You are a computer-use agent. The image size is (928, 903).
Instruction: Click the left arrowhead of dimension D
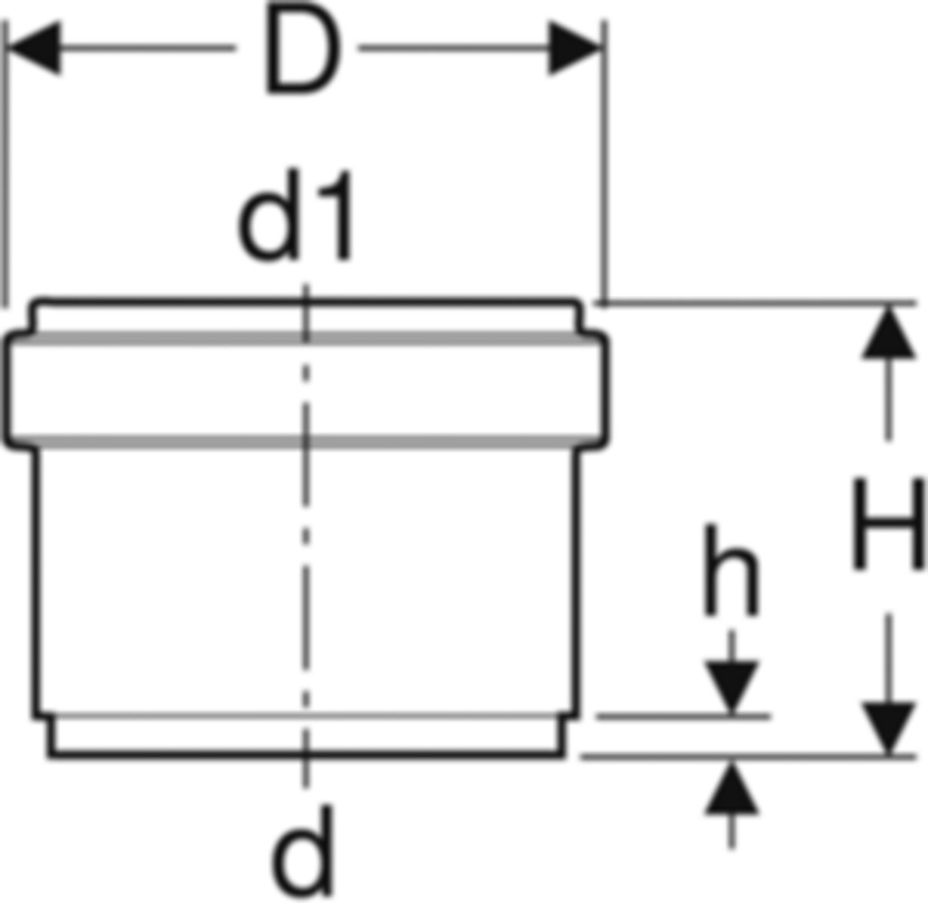pos(35,48)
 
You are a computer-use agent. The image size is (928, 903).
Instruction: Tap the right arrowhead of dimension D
pos(574,48)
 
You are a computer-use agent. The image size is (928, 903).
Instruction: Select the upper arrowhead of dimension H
pos(888,331)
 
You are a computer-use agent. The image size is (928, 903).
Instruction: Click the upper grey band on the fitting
pos(304,339)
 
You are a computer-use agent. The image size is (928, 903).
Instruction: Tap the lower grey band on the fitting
pos(304,442)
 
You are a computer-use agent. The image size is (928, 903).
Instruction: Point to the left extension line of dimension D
pos(5,165)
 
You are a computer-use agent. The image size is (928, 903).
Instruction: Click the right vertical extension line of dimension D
pos(604,162)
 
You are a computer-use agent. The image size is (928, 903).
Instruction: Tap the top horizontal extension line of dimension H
pos(756,303)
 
